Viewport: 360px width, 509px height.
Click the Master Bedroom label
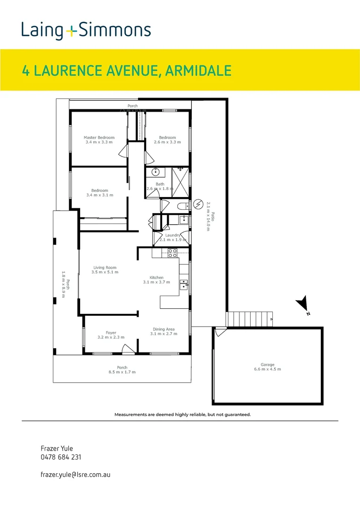pyautogui.click(x=99, y=138)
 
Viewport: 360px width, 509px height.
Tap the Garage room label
pyautogui.click(x=267, y=364)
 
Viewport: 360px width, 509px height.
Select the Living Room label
pyautogui.click(x=105, y=268)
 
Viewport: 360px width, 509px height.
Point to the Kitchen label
pyautogui.click(x=156, y=278)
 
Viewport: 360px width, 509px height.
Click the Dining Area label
pyautogui.click(x=164, y=329)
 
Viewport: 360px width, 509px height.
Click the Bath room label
pyautogui.click(x=160, y=184)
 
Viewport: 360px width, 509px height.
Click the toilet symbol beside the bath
pyautogui.click(x=182, y=205)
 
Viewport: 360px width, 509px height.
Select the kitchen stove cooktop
pyautogui.click(x=172, y=253)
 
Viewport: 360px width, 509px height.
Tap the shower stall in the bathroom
pyautogui.click(x=180, y=181)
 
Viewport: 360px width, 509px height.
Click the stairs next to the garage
pyautogui.click(x=250, y=319)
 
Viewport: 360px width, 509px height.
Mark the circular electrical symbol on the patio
pyautogui.click(x=197, y=205)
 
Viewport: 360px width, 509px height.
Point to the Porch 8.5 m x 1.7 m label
pyautogui.click(x=122, y=370)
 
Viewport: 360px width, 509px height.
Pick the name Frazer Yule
pyautogui.click(x=57, y=448)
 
